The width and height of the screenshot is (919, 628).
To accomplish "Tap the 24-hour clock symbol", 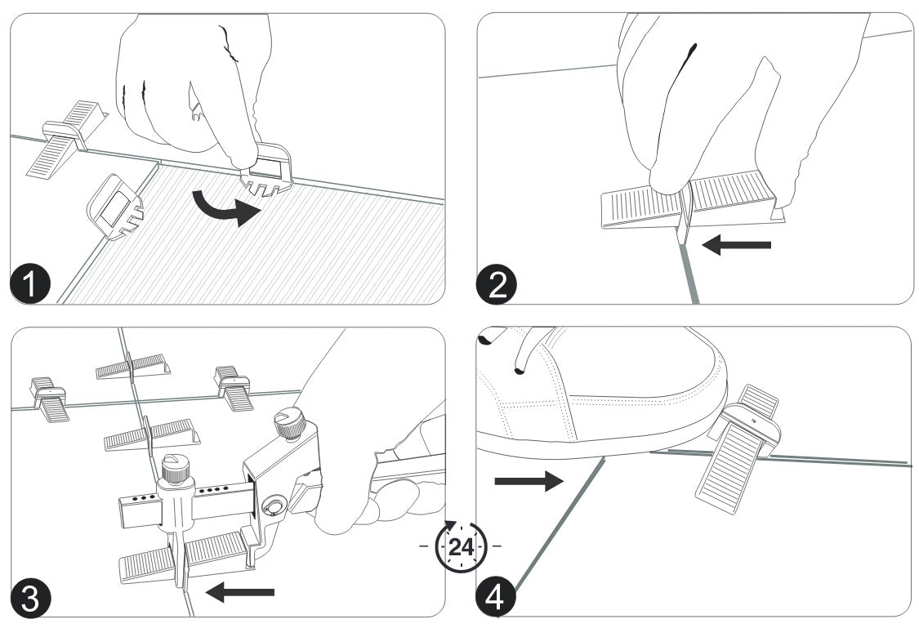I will click(x=461, y=544).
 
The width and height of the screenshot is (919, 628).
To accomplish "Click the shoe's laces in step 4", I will click(x=523, y=351).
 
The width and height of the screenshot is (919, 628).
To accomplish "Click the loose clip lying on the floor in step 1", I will click(x=115, y=207).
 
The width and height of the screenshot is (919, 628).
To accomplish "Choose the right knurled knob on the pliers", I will click(x=292, y=425).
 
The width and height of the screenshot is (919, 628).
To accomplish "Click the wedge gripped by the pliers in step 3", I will click(x=184, y=559).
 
